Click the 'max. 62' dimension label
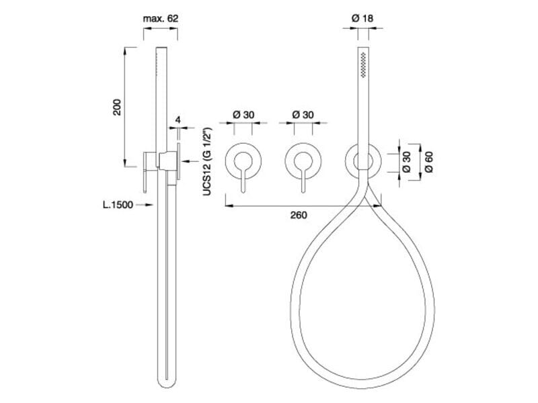pyautogui.click(x=161, y=19)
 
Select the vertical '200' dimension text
pyautogui.click(x=117, y=107)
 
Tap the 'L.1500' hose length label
pyautogui.click(x=118, y=205)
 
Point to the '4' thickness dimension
pyautogui.click(x=178, y=120)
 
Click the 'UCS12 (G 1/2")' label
pyautogui.click(x=207, y=161)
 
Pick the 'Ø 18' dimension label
pyautogui.click(x=362, y=18)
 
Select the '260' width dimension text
pyautogui.click(x=299, y=215)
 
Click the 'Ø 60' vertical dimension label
pyautogui.click(x=428, y=162)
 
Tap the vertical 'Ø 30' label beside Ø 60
pyautogui.click(x=406, y=162)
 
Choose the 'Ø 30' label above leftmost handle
pyautogui.click(x=243, y=114)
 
